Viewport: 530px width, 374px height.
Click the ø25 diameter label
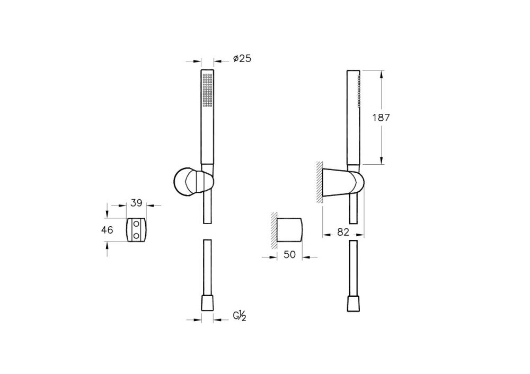242,58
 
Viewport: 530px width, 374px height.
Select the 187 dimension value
381,118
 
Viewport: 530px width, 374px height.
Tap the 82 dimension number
343,232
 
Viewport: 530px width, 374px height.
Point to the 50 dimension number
290,254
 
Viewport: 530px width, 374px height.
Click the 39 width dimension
136,203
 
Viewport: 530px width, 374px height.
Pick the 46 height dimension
107,230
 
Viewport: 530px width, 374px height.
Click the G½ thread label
240,316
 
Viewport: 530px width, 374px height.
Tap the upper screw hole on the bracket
137,224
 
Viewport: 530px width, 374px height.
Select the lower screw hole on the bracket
137,235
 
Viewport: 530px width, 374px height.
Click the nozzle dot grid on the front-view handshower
208,90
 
